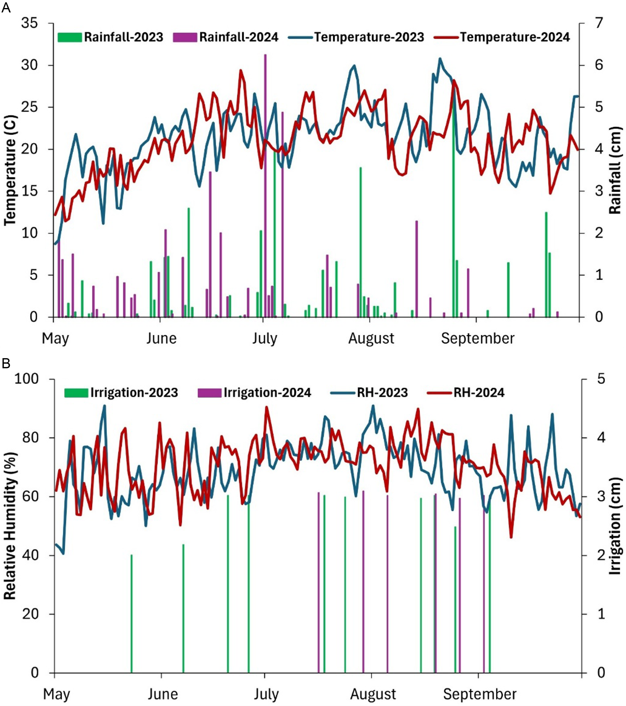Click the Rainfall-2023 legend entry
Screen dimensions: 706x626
click(110, 37)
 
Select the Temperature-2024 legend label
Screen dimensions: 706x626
click(502, 37)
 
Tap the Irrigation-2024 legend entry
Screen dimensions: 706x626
click(254, 392)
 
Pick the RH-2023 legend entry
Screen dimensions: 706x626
click(369, 392)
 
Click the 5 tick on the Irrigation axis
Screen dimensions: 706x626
click(601, 379)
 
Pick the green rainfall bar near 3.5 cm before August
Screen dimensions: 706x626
click(361, 242)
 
